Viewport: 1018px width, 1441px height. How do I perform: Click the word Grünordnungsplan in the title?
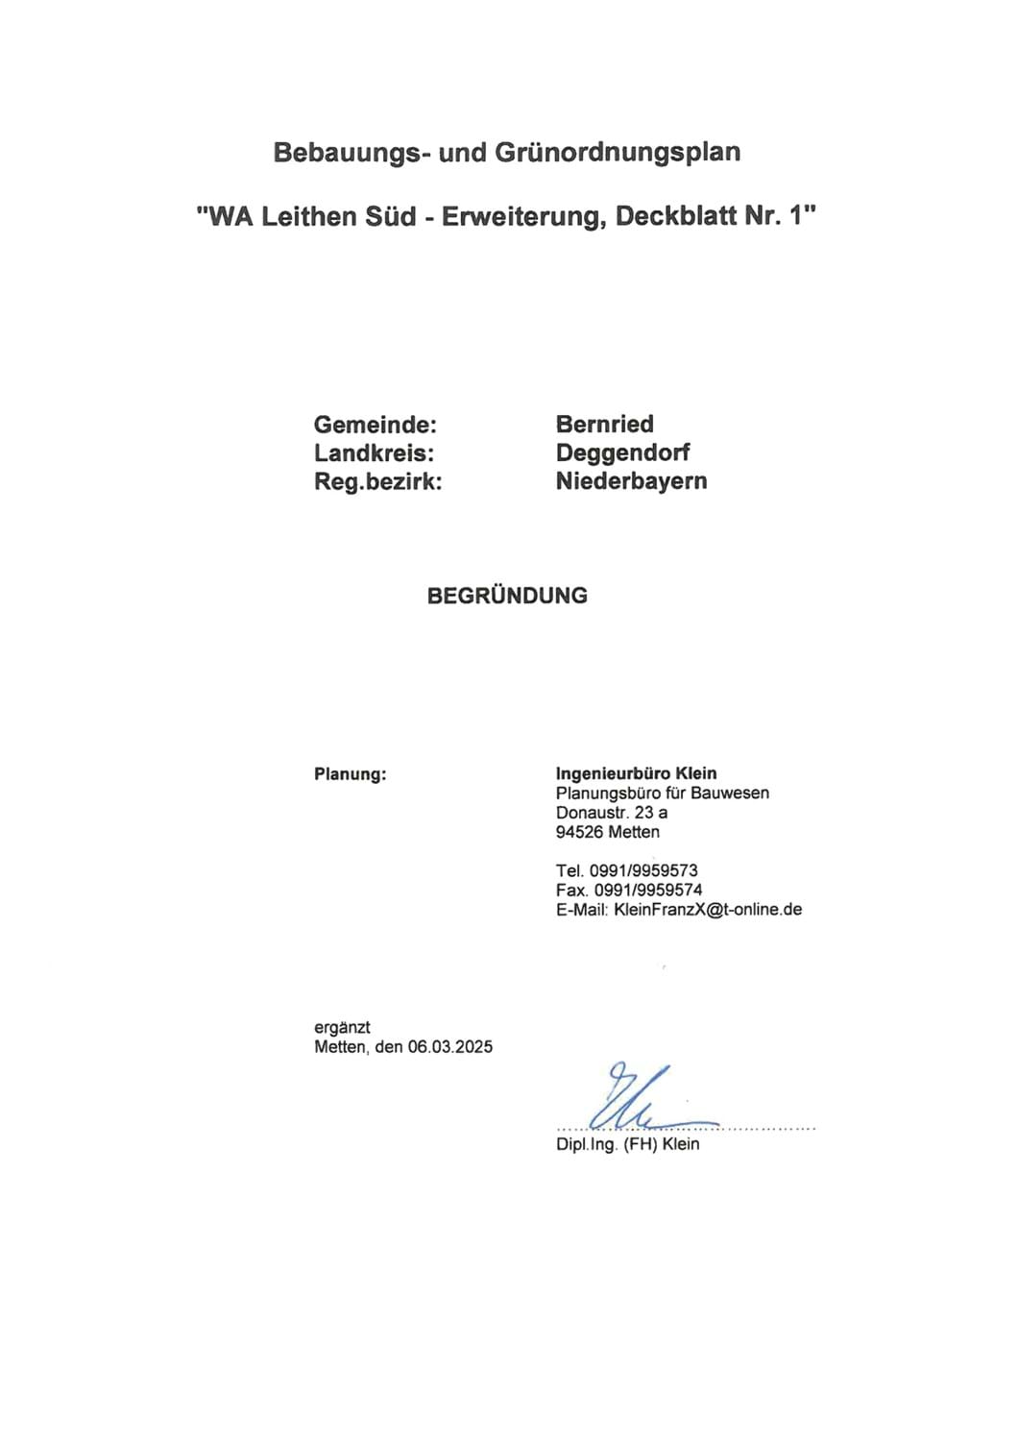click(x=618, y=153)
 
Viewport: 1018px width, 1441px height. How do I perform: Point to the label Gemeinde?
click(x=376, y=425)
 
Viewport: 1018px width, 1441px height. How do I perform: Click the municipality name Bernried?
click(x=605, y=425)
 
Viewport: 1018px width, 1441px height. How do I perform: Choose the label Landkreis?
click(x=375, y=453)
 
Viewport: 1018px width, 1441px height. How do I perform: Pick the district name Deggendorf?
click(x=622, y=453)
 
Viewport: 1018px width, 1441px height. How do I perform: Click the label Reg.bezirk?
click(x=378, y=482)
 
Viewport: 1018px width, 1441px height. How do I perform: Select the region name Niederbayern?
click(x=631, y=482)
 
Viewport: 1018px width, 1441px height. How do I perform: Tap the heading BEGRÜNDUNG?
click(x=507, y=596)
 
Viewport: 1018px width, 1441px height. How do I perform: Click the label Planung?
click(x=351, y=774)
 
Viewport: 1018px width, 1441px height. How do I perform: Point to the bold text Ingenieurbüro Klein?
click(x=636, y=773)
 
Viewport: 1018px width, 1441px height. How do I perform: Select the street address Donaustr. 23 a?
click(x=612, y=813)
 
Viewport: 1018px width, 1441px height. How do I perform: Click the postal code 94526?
click(x=579, y=832)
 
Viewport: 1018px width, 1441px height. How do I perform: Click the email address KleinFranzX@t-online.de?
click(x=708, y=909)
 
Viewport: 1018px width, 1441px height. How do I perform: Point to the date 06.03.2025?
click(x=449, y=1047)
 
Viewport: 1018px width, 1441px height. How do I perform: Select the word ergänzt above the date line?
click(x=342, y=1028)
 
